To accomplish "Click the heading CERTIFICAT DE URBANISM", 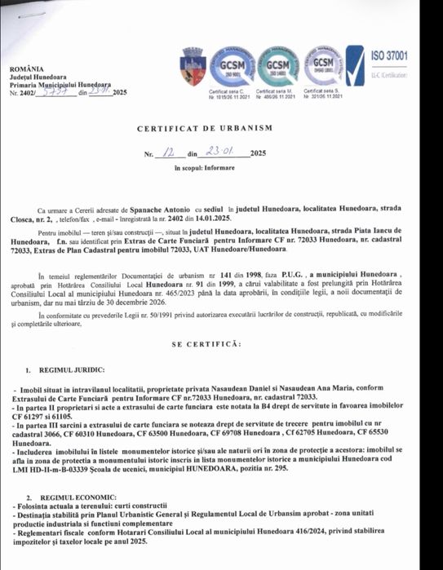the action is point(216,129).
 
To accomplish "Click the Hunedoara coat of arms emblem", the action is point(193,64).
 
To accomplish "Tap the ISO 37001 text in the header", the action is point(389,56).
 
